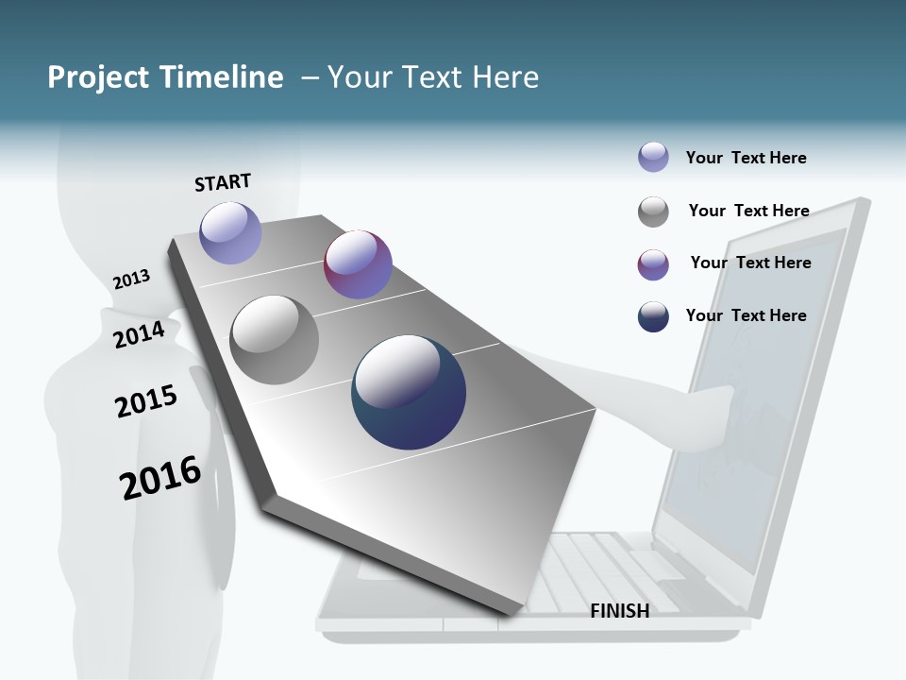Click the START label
point(223,182)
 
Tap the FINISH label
point(619,611)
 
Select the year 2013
point(131,279)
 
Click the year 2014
point(139,334)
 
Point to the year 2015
point(145,400)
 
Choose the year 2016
point(160,477)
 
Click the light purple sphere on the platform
point(230,232)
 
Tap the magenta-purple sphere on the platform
point(358,264)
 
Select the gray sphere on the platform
point(274,340)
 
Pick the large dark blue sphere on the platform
point(409,392)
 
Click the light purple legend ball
point(653,157)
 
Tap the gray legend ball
point(653,212)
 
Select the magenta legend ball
point(653,264)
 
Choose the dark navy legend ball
point(653,316)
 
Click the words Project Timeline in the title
point(165,76)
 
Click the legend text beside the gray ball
point(748,211)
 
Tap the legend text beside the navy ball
point(746,315)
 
